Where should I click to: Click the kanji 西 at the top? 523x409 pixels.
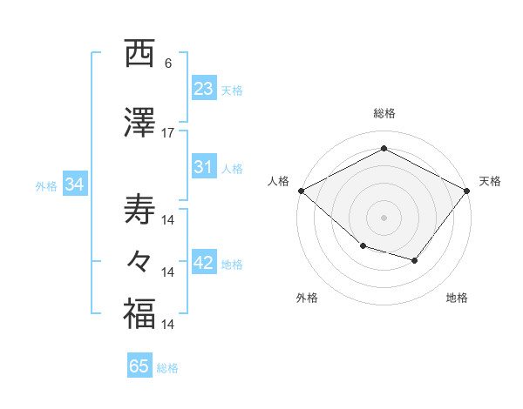tap(139, 54)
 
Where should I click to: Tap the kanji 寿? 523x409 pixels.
tap(139, 209)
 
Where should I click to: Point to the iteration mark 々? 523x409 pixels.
tap(139, 261)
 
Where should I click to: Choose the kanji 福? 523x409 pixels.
tap(139, 313)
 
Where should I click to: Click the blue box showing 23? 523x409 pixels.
tap(204, 89)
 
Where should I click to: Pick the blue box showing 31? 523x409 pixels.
tap(204, 168)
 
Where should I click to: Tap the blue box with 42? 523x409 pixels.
tap(204, 264)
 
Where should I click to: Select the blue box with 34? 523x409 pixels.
tap(74, 184)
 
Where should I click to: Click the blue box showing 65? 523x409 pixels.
tap(139, 366)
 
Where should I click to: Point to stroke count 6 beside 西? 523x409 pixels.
tap(167, 64)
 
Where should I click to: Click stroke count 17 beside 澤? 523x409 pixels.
tap(168, 132)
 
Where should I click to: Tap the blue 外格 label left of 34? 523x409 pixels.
tap(46, 185)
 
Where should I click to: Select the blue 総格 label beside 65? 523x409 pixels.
tap(167, 367)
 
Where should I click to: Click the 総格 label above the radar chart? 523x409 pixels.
tap(384, 114)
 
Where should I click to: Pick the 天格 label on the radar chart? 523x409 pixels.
tap(491, 181)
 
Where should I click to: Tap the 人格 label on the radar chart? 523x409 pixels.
tap(278, 181)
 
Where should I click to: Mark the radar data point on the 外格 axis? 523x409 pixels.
tap(363, 246)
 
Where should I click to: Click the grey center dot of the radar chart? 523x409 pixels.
tap(384, 217)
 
